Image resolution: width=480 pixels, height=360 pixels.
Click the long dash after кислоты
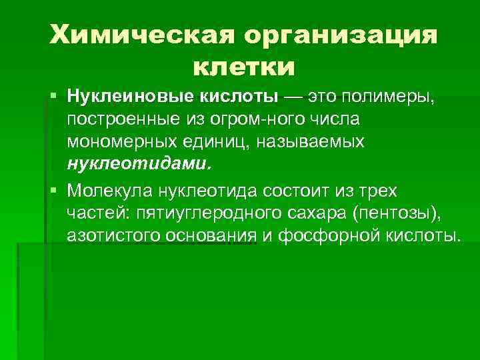coord(293,97)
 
